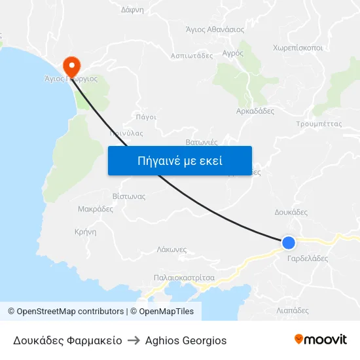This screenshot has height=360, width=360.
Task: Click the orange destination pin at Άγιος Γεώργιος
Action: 71,65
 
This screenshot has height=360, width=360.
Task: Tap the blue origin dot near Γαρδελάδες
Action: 288,243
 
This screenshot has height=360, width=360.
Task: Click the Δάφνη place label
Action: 132,10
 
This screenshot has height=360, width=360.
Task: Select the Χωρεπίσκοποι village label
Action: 298,48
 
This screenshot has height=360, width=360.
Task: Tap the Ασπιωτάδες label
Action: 192,56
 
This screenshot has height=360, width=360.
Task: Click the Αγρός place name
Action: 232,52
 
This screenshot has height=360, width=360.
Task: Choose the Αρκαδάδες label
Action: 255,111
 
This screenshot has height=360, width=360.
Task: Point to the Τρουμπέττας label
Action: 319,123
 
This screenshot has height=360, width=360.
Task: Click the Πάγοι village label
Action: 146,117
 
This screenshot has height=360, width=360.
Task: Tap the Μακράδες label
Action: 96,209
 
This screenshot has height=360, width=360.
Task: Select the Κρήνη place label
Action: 86,232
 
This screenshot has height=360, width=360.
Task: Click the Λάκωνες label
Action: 172,249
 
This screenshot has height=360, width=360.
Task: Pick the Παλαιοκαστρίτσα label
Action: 184,278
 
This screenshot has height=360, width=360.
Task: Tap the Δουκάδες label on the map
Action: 291,212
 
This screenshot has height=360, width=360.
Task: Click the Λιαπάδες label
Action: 293,310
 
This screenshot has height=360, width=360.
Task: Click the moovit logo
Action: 321,340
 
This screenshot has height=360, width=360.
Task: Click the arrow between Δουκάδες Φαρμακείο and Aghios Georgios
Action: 134,340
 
